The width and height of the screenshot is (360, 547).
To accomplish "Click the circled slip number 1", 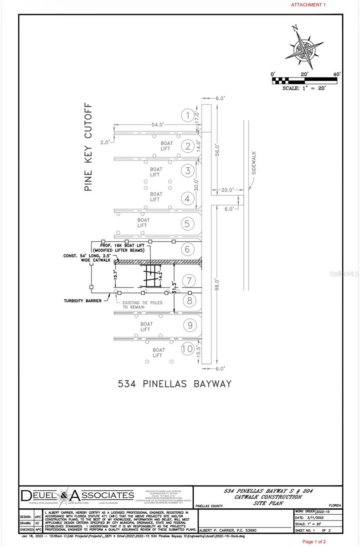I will coord(188,115).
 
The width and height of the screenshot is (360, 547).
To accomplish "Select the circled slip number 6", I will coord(188,249).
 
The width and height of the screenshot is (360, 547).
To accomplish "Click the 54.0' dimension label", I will coord(158,124).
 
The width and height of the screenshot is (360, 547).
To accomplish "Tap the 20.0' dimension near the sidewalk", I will coord(227,190).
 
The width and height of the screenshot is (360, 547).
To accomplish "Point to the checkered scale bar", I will coord(304,80).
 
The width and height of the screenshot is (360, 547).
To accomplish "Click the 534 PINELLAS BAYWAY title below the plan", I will coord(174,384).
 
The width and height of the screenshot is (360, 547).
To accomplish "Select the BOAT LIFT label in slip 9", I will coord(145,326).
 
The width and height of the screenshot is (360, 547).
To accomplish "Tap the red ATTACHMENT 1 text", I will coord(309,5).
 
